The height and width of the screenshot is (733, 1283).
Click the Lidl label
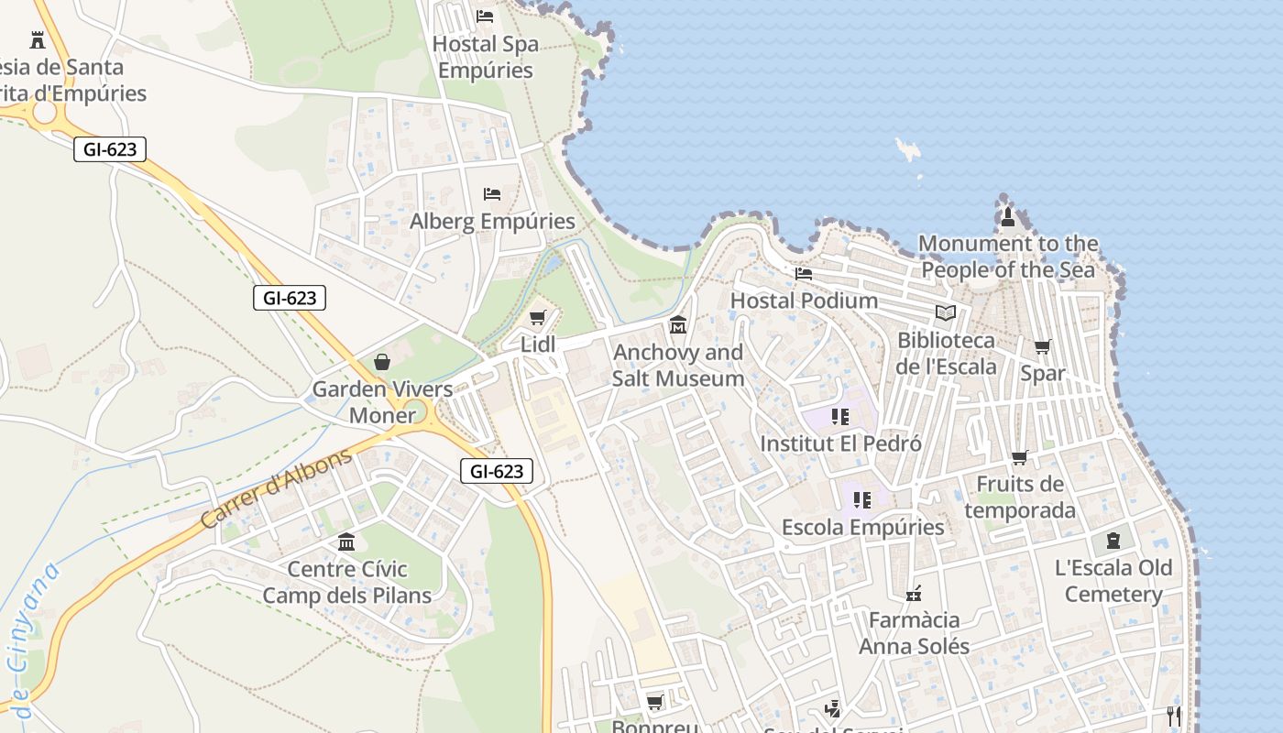coord(538,345)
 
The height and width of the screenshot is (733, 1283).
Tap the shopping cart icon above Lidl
coord(538,318)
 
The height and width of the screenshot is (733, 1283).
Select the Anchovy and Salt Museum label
coord(678,366)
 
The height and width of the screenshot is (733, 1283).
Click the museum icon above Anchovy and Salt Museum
coord(678,325)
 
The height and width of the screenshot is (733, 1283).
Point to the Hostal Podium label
coord(804,301)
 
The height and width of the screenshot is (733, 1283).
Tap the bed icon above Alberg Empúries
coord(492,194)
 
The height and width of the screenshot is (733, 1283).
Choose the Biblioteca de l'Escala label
coord(946,354)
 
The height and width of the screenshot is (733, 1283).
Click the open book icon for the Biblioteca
coord(946,313)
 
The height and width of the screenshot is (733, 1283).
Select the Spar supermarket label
coord(1043,374)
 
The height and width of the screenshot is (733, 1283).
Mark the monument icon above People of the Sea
coord(1008,217)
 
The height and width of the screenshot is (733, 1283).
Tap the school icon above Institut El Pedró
coord(840,417)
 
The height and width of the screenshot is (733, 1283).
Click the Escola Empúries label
coord(862,528)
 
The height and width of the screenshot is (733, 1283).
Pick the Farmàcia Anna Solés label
coord(914,633)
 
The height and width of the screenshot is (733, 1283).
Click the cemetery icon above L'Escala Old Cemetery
coord(1113,541)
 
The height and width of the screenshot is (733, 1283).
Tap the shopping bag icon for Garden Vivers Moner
coord(382,363)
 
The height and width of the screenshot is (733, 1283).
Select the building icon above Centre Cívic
coord(346,542)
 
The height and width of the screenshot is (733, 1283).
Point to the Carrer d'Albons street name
coord(276,488)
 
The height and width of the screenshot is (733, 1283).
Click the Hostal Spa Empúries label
coord(485,57)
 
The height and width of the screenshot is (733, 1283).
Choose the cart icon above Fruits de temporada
coord(1019,457)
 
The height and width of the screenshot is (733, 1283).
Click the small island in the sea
coord(908,150)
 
